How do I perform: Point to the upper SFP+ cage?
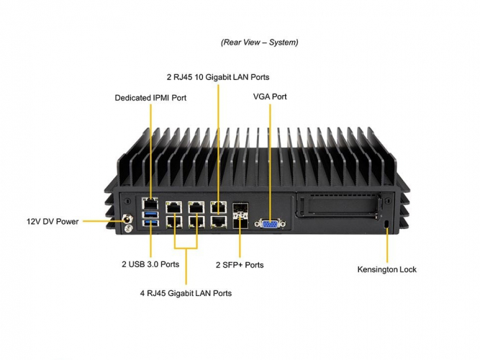tap(240, 210)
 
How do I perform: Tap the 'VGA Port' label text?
tap(270, 96)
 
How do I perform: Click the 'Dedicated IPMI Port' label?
tap(150, 97)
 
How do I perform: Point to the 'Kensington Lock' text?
tap(387, 269)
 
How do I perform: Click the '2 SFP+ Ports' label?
tap(240, 265)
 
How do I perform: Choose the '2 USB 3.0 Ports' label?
tap(150, 264)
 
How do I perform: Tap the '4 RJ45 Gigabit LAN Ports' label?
tap(186, 293)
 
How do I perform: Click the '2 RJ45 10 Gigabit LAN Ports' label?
tap(219, 76)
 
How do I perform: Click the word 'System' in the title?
tap(281, 42)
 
